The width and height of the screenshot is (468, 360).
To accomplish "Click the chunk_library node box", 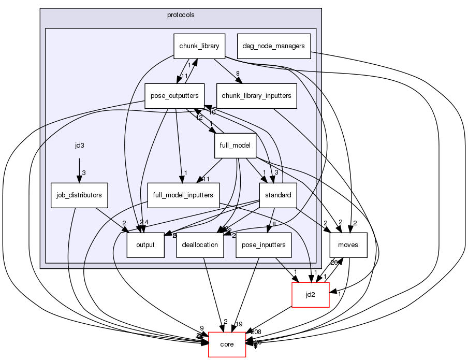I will tap(199, 46).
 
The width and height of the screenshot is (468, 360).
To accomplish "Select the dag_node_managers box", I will tap(273, 46).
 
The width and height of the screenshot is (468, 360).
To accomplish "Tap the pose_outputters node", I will tap(174, 95).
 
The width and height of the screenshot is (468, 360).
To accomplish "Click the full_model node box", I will tap(235, 145).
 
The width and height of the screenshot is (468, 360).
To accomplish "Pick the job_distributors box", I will tap(79, 195).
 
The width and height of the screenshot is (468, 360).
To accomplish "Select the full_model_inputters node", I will tap(184, 195).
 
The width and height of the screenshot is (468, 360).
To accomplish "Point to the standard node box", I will tap(277, 195).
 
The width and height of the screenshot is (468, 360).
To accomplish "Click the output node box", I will tap(145, 245).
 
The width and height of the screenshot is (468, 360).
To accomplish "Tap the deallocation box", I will tap(200, 245).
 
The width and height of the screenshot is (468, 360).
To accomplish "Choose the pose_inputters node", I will tap(264, 245).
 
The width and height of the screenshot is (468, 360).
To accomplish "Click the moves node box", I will tap(349, 245).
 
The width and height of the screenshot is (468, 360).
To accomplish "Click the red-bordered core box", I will tap(227, 344).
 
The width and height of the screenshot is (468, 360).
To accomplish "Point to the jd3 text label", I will tap(79, 146).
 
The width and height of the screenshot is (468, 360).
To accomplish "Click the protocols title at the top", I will tap(181, 15).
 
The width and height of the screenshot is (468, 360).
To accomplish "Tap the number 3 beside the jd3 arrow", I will tap(83, 172).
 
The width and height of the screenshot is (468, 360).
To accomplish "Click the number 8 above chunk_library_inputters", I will tap(238, 74).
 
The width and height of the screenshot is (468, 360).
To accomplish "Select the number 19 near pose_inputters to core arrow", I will tap(240, 324).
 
